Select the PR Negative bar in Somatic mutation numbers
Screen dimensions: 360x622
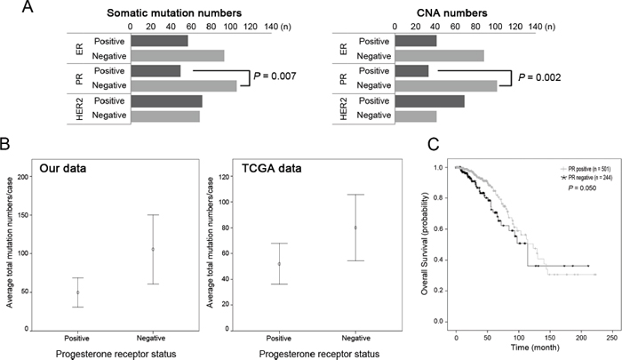[182, 85]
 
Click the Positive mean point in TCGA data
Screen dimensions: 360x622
[279, 263]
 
